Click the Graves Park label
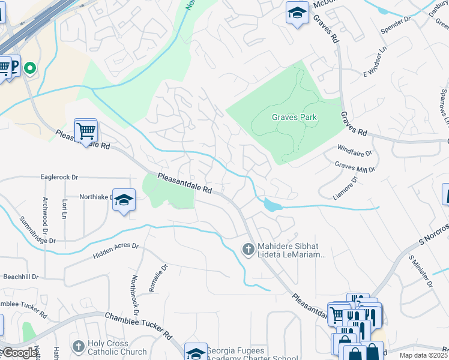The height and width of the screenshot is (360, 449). click(294, 117)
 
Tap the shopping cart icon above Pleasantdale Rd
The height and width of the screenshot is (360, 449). click(86, 129)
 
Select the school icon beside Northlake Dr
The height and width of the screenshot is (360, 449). click(124, 200)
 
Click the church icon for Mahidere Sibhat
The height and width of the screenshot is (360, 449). click(247, 248)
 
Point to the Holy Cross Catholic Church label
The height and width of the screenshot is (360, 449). click(116, 348)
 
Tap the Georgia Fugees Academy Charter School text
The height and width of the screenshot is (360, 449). click(252, 355)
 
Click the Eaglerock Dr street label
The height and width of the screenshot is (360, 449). click(59, 177)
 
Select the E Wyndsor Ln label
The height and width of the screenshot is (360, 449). click(372, 64)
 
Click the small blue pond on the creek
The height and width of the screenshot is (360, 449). click(271, 205)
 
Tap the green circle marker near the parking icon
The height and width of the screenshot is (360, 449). click(29, 68)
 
